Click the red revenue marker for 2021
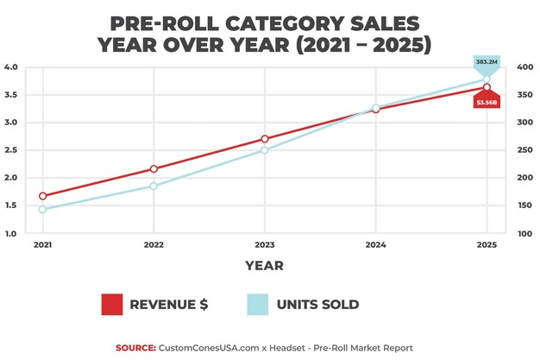(42, 196)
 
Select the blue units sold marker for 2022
(154, 186)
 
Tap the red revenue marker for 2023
(265, 139)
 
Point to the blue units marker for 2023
(265, 150)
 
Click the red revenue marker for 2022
(154, 169)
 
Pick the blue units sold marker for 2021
(42, 209)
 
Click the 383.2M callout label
(487, 63)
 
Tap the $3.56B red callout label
(487, 103)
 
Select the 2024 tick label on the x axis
(375, 245)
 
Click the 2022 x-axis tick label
(154, 245)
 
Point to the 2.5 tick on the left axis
(11, 150)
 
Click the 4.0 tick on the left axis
(11, 67)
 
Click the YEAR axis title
(264, 266)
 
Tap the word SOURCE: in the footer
(135, 348)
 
